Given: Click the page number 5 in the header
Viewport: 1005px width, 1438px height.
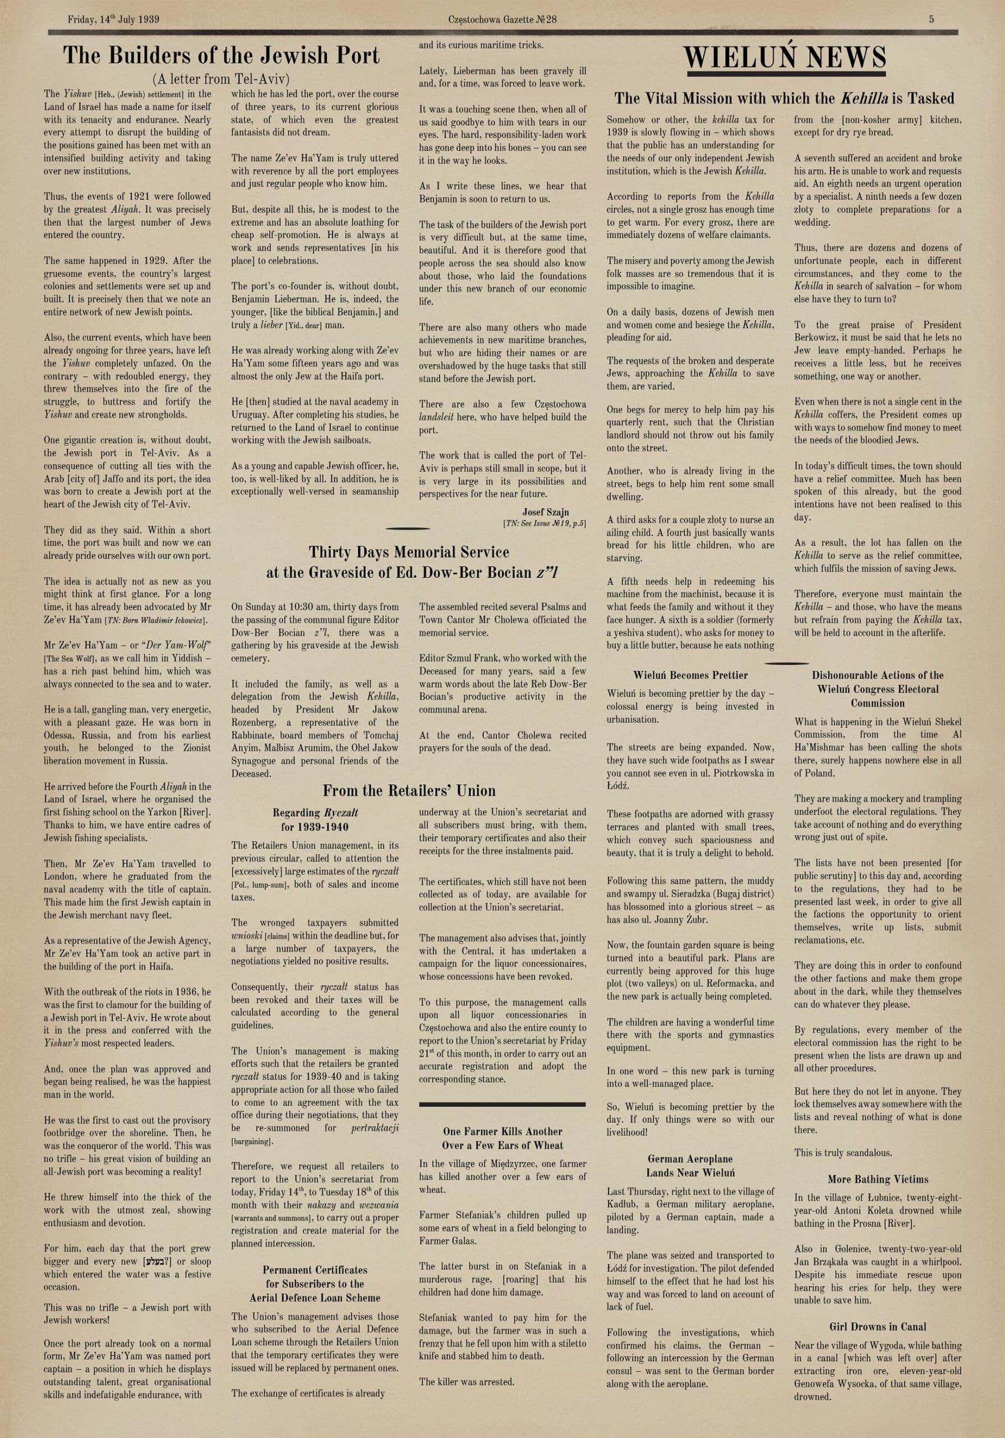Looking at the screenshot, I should (x=931, y=20).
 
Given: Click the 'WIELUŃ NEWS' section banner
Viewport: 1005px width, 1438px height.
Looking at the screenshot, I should (x=784, y=58).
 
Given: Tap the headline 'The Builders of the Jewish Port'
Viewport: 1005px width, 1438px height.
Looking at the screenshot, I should (x=221, y=56).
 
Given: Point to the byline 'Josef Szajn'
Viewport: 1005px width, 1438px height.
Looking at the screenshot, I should (x=545, y=512).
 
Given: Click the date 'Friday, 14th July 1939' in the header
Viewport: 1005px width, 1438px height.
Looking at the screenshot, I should (x=113, y=20).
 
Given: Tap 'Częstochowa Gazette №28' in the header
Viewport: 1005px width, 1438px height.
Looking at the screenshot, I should (x=502, y=20).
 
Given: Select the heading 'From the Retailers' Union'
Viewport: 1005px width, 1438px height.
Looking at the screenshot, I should (x=409, y=790).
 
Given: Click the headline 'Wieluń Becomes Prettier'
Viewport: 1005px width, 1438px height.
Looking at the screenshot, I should (x=690, y=675).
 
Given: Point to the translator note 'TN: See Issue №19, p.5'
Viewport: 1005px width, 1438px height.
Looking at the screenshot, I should (x=544, y=524).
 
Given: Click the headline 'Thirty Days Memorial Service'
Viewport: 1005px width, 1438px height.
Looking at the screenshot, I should (x=409, y=552).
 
